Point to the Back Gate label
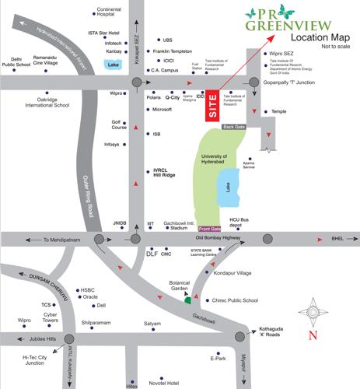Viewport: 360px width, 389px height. [x=234, y=126]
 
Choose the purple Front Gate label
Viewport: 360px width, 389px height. [x=209, y=228]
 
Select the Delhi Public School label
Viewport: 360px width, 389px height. [x=16, y=61]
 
